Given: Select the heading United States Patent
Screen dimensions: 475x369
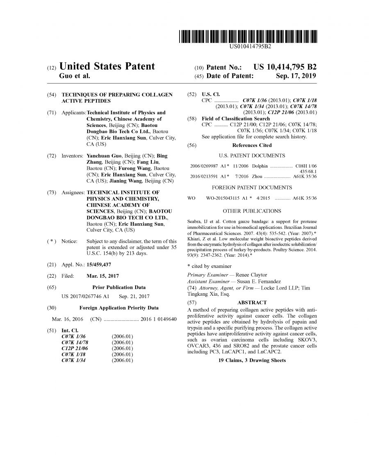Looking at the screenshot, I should tap(107, 66).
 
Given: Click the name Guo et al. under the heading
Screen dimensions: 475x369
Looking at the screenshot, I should tap(75, 76).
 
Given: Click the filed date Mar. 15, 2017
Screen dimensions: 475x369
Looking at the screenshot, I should tap(103, 276).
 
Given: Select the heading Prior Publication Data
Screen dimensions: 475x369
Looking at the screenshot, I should tap(119, 287).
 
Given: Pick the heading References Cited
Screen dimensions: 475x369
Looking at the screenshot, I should tap(252, 145).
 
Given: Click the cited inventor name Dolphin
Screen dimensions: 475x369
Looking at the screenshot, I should tap(260, 166).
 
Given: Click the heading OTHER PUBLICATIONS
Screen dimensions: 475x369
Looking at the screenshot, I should tap(252, 211).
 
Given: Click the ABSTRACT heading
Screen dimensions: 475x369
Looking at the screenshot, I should tap(252, 303).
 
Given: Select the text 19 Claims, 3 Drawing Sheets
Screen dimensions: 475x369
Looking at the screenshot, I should tap(252, 360).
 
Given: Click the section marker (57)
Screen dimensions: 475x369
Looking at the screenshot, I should tap(191, 303).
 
